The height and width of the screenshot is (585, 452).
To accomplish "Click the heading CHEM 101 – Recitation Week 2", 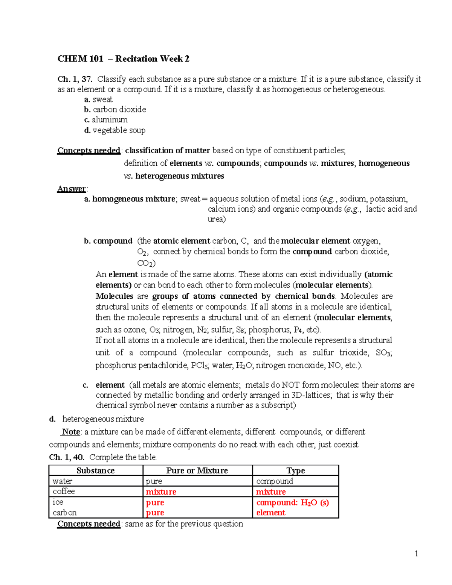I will (123, 59).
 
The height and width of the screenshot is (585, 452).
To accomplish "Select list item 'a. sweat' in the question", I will (98, 99).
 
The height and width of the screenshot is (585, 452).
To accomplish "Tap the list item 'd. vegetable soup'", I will (115, 130).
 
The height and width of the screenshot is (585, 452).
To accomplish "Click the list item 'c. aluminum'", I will (106, 120).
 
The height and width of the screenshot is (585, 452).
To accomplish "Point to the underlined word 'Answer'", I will (72, 189).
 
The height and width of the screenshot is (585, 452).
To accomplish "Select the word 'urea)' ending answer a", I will (217, 219).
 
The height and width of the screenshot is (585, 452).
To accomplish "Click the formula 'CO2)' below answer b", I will (146, 263).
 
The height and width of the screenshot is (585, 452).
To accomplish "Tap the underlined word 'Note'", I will (71, 432).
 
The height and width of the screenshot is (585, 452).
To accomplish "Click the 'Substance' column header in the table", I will (96, 470).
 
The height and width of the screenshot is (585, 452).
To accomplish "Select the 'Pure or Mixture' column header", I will (197, 470).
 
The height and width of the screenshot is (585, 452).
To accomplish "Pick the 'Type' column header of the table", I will (295, 470).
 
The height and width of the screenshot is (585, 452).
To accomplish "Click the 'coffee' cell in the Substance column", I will (64, 491).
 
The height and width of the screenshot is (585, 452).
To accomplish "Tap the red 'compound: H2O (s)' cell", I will (292, 503).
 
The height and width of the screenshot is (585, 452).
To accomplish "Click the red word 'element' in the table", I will (270, 513).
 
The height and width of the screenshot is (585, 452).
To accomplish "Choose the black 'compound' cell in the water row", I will (274, 481).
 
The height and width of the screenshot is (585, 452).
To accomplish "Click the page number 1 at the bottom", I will (416, 553).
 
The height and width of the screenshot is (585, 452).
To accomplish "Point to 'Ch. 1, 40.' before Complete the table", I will (67, 457).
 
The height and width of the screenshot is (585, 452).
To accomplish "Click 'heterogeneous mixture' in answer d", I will (103, 419).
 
